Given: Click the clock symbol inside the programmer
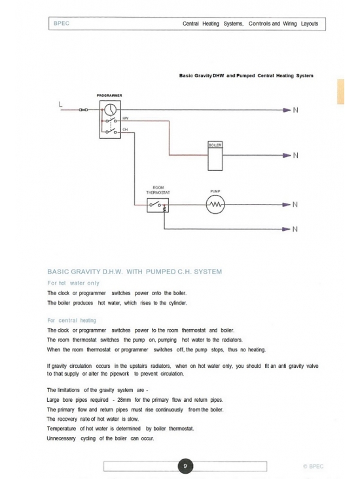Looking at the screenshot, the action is (x=111, y=110).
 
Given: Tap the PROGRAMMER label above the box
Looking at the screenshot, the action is (x=109, y=96).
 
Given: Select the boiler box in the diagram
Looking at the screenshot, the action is (x=215, y=156).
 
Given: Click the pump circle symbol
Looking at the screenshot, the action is (x=215, y=204).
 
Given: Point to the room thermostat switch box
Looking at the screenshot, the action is (x=158, y=205).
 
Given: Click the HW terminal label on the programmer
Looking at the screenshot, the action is (x=125, y=118).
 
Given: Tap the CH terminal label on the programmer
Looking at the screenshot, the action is (x=125, y=130).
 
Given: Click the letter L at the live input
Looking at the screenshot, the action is (x=60, y=104).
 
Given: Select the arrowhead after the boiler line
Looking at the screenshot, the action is (x=287, y=156).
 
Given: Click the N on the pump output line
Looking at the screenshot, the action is (x=295, y=204).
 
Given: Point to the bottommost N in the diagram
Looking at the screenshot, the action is (x=295, y=229).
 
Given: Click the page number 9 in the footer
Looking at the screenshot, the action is (x=185, y=466).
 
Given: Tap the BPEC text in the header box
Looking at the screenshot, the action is (x=62, y=23).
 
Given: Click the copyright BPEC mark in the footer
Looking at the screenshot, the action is (x=314, y=467).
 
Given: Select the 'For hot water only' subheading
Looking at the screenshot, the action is (x=73, y=283).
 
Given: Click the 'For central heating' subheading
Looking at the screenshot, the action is (x=72, y=321).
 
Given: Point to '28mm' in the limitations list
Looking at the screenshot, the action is (x=124, y=400).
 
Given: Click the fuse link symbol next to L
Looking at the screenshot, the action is (x=83, y=110).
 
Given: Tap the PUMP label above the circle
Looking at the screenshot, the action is (x=215, y=191).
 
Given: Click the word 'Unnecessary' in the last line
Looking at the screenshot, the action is (x=61, y=438).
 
